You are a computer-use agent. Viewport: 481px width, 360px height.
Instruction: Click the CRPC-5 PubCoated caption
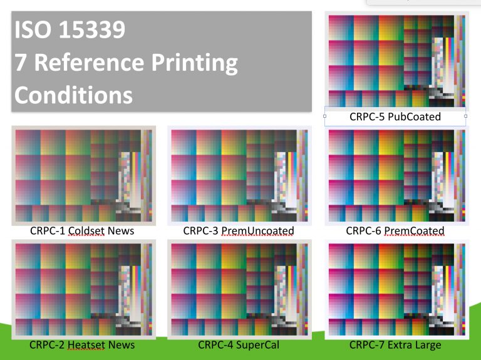coord(395,116)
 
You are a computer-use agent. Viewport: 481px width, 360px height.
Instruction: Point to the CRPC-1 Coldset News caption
coord(82,231)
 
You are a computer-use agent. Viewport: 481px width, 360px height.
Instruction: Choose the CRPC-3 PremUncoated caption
coord(239,231)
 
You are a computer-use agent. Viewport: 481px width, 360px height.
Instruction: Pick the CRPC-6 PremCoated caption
coord(395,231)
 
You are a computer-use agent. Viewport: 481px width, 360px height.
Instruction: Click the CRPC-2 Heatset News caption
coord(82,345)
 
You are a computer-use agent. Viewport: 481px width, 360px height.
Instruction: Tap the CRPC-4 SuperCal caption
coord(239,345)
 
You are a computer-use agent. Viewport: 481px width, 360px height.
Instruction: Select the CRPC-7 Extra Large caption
coord(395,345)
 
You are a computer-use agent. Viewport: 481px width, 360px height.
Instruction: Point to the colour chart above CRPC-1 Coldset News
coord(83,175)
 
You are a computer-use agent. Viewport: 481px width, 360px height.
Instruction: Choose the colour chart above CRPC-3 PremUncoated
coord(239,175)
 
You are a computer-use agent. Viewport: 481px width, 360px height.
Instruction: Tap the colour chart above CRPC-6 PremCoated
coord(396,175)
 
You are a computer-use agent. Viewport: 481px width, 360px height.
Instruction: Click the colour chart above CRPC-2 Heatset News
coord(83,289)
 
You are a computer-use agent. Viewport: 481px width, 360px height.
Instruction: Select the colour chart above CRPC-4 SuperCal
coord(239,289)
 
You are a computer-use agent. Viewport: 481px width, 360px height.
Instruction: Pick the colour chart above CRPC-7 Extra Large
coord(396,289)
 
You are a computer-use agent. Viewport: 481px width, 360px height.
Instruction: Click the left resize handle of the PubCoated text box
coord(324,116)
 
